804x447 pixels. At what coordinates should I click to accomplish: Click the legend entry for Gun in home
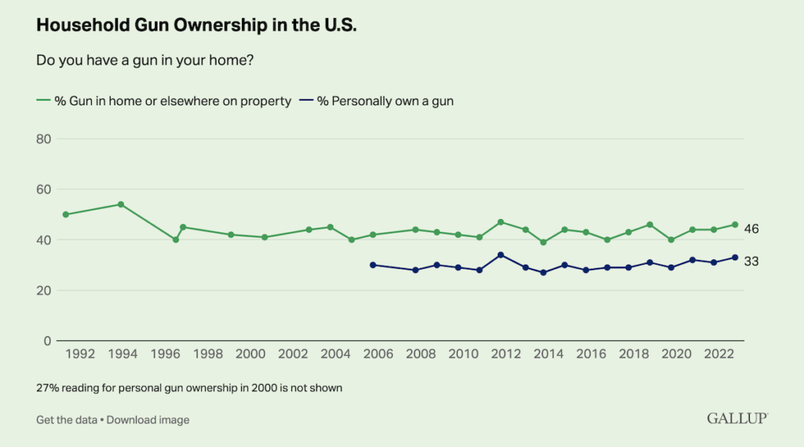[164, 101]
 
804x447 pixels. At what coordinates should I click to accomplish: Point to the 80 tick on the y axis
[44, 139]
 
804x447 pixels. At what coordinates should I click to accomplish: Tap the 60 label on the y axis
[44, 189]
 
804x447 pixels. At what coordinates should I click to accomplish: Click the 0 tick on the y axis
[47, 341]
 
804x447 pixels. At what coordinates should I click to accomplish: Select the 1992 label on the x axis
[80, 355]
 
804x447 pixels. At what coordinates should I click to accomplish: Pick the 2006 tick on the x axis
[378, 355]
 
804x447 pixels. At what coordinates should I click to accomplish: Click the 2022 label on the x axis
[720, 355]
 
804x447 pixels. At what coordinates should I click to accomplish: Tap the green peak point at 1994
[121, 204]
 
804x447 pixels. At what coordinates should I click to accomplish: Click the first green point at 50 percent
[66, 214]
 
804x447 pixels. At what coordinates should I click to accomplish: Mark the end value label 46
[751, 229]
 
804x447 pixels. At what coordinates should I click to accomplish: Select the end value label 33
[751, 261]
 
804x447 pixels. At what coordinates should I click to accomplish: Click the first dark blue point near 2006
[373, 265]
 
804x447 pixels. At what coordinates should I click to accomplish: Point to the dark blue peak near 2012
[501, 255]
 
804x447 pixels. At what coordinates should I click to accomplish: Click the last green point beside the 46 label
[735, 225]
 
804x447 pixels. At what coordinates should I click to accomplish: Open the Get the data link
[67, 420]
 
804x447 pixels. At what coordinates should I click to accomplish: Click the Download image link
[148, 420]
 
